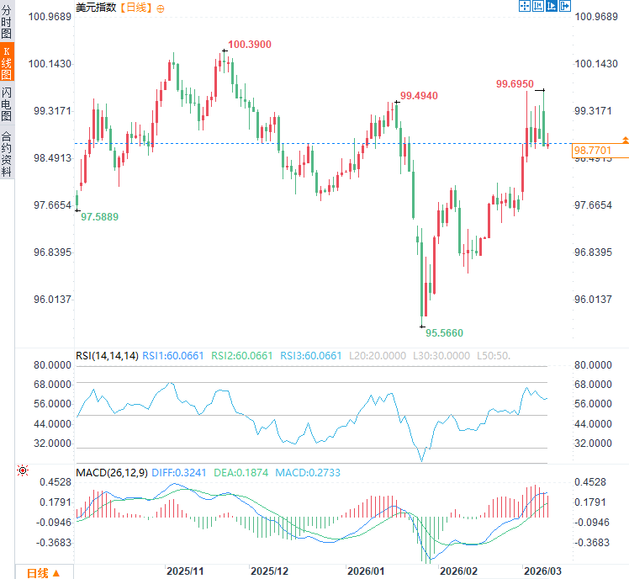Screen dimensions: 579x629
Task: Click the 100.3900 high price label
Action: (x=250, y=44)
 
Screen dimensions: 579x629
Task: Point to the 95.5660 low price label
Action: (x=444, y=332)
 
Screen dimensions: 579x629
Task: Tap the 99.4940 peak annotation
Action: (x=419, y=96)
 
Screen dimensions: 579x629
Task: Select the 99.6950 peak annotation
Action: (x=515, y=83)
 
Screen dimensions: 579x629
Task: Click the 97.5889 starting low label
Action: (x=99, y=216)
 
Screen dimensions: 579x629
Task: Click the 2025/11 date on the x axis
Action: (x=186, y=571)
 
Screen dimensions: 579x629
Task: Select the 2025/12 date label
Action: (x=270, y=571)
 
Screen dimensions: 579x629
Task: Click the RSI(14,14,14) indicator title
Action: (x=107, y=356)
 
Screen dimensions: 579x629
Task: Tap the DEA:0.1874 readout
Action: (x=242, y=473)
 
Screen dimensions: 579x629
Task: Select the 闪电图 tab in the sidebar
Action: (x=7, y=103)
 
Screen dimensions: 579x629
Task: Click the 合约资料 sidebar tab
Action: (x=7, y=154)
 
